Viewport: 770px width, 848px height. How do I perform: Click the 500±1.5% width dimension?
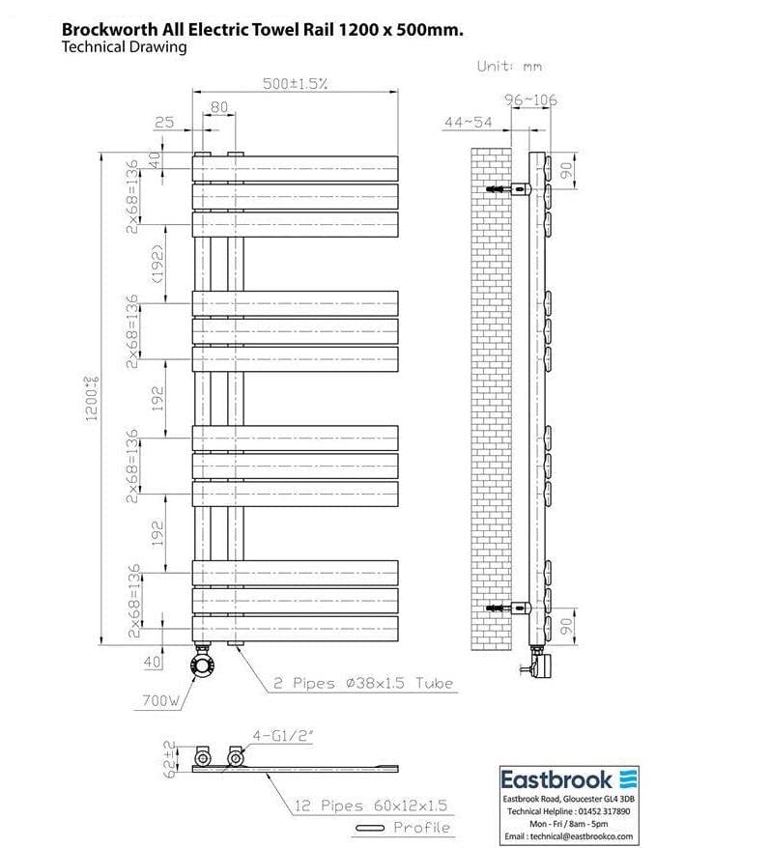pyautogui.click(x=296, y=84)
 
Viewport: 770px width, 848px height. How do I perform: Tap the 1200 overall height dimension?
pyautogui.click(x=94, y=395)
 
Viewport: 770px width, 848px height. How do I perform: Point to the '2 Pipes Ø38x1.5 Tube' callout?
pyautogui.click(x=361, y=683)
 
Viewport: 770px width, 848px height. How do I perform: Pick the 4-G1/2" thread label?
pyautogui.click(x=283, y=735)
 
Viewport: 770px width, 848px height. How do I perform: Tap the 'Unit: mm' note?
pyautogui.click(x=509, y=66)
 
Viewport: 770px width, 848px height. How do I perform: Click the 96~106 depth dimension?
pyautogui.click(x=530, y=99)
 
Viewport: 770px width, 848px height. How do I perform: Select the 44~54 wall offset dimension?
pyautogui.click(x=468, y=122)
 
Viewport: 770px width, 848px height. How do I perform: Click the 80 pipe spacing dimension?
pyautogui.click(x=219, y=106)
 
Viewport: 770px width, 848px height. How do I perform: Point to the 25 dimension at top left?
pyautogui.click(x=164, y=123)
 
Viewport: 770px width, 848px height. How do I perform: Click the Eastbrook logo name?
pyautogui.click(x=556, y=779)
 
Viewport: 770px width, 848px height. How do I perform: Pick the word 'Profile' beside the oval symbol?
pyautogui.click(x=421, y=828)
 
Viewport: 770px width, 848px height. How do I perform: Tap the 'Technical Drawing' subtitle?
pyautogui.click(x=124, y=47)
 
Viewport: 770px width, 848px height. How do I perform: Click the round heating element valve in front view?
pyautogui.click(x=204, y=663)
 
